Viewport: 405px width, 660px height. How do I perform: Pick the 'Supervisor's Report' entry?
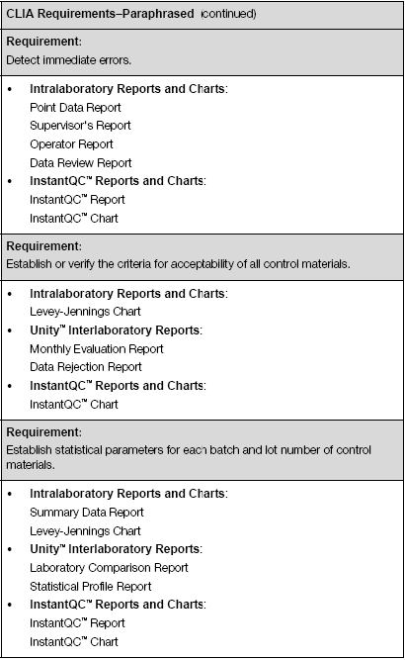80,126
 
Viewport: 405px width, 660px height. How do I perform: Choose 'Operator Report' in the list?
72,144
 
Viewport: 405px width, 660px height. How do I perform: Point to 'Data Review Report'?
81,162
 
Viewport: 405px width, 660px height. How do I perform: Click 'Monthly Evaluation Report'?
97,348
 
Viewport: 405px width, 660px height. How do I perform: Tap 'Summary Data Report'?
87,512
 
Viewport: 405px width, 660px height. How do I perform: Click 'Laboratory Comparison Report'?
109,568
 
